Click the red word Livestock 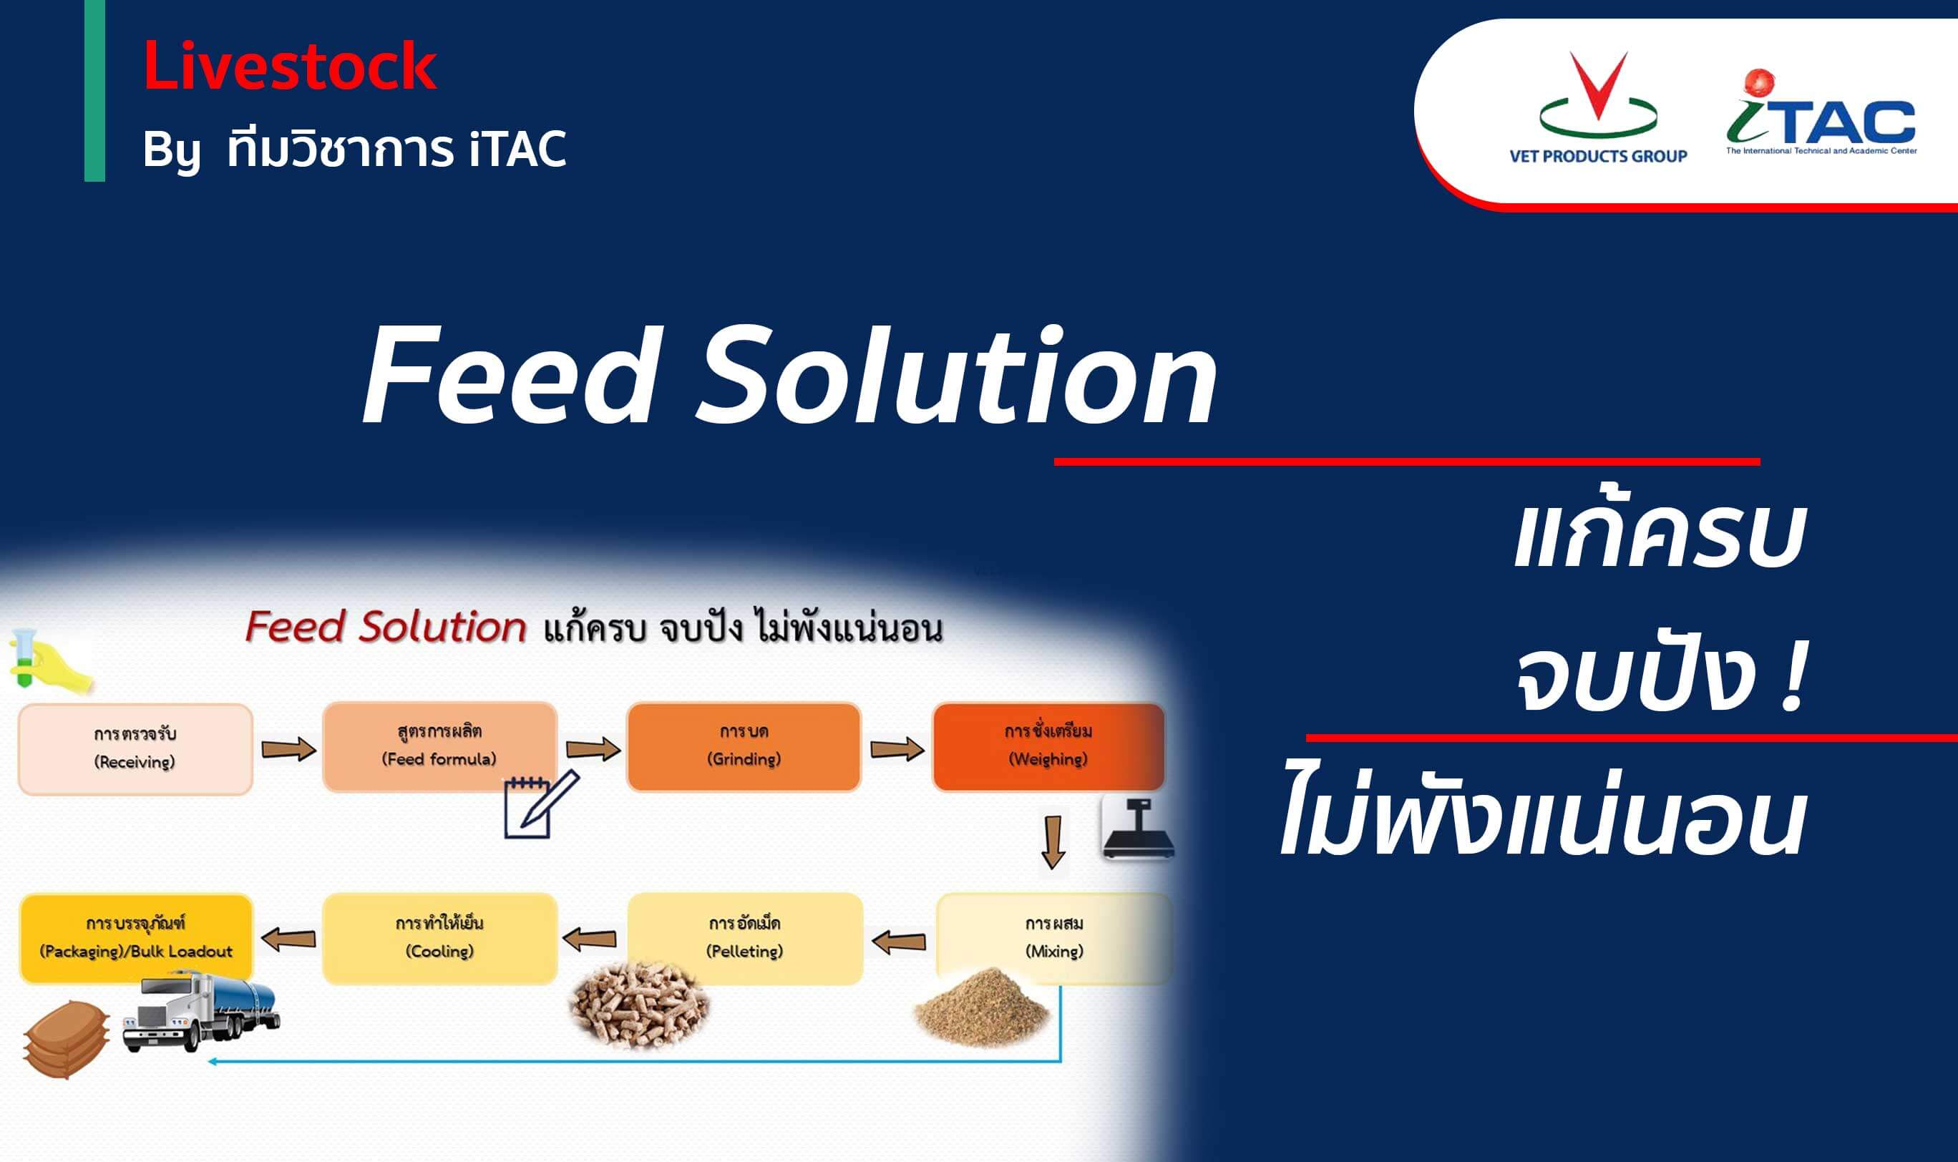[289, 67]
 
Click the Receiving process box [135, 748]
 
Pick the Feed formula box [439, 746]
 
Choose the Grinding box [744, 746]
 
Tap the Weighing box [1048, 746]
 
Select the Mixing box [1054, 938]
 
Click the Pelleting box [745, 938]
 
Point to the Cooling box [439, 938]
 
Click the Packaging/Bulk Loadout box [136, 938]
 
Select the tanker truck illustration [201, 1012]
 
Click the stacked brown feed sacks [66, 1039]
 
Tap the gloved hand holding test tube [49, 662]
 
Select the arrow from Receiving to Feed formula [288, 749]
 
